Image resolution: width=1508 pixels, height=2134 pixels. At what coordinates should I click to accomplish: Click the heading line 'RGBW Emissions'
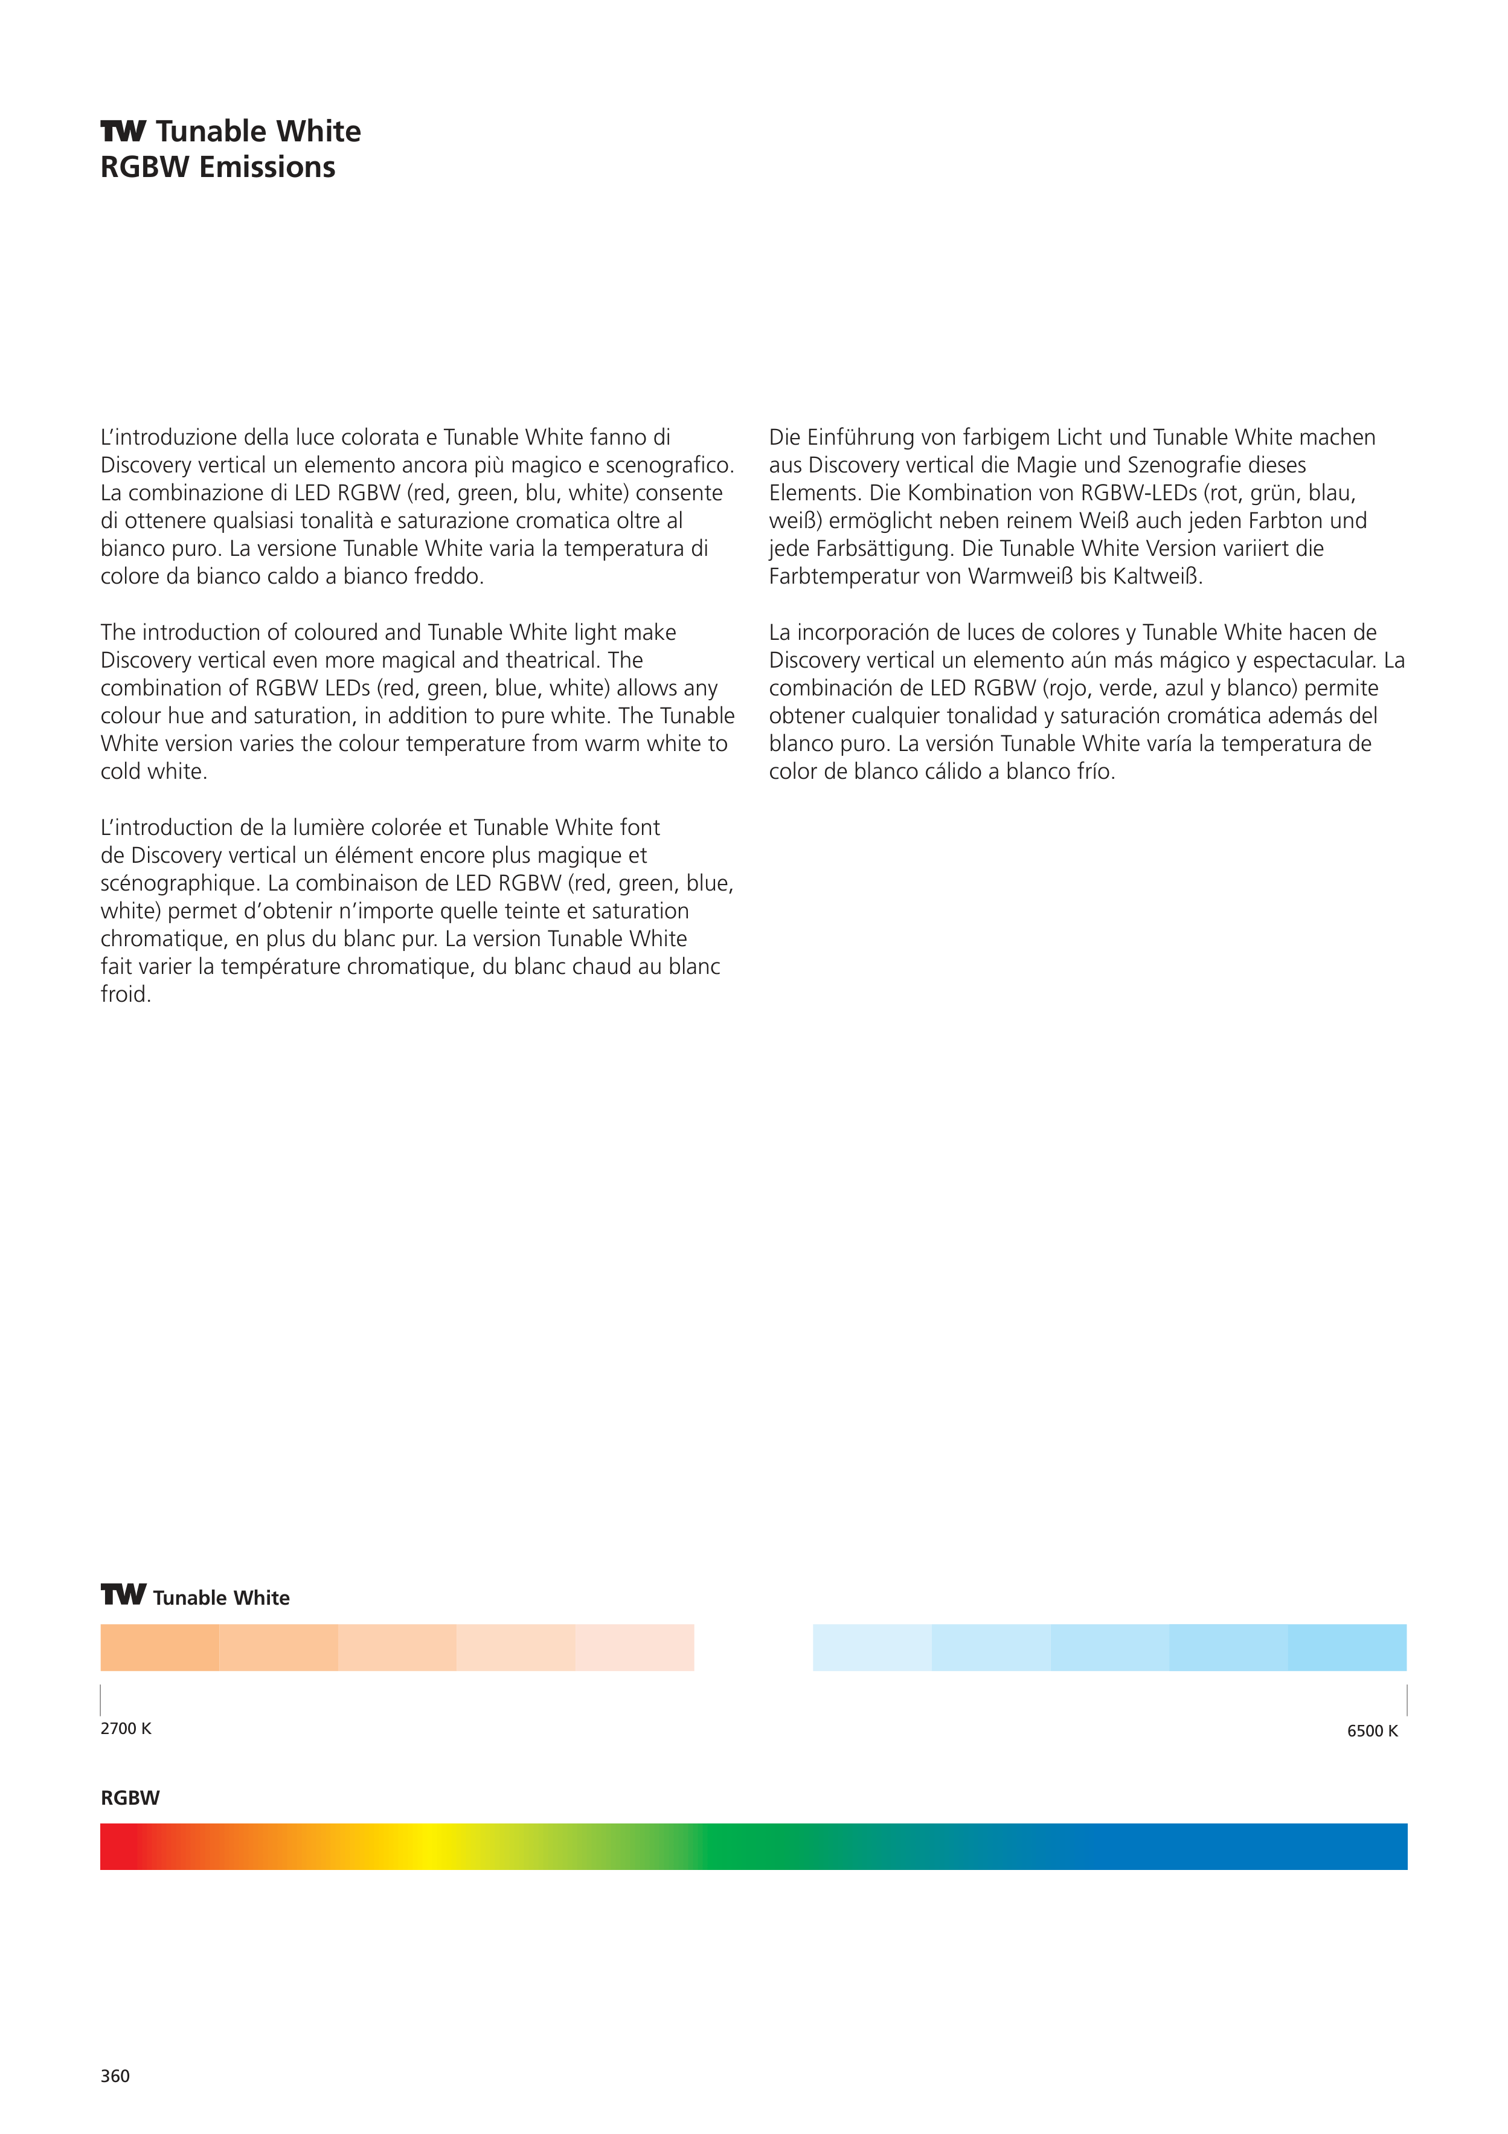pyautogui.click(x=217, y=167)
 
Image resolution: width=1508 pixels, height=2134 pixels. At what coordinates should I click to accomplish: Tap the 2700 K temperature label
pyautogui.click(x=126, y=1728)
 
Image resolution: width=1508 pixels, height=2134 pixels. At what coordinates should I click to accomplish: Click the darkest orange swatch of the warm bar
pyautogui.click(x=160, y=1647)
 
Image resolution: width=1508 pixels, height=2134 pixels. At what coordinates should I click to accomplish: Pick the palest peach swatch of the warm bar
pyautogui.click(x=635, y=1647)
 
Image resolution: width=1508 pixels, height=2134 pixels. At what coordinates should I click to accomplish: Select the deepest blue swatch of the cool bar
pyautogui.click(x=1347, y=1647)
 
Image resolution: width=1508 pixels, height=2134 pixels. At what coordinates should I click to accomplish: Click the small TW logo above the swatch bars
pyautogui.click(x=123, y=1595)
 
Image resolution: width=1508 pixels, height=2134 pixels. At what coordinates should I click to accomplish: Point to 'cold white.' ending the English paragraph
pyautogui.click(x=153, y=772)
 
